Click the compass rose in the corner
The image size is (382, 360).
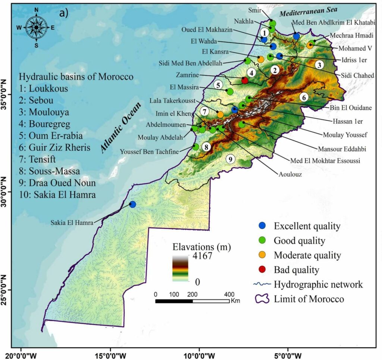(x=36, y=27)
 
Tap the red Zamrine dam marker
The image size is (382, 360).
(x=245, y=80)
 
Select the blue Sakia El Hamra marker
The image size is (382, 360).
(x=132, y=204)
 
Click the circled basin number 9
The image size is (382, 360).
(x=231, y=159)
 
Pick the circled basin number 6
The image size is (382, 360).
(x=304, y=97)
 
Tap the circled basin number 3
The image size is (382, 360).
(x=319, y=65)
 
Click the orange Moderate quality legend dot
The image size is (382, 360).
(x=263, y=255)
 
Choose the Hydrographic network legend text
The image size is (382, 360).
(x=318, y=285)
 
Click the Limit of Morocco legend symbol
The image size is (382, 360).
(x=263, y=299)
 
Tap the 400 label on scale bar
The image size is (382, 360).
(x=228, y=294)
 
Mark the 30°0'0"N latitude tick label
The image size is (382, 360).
(x=5, y=192)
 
